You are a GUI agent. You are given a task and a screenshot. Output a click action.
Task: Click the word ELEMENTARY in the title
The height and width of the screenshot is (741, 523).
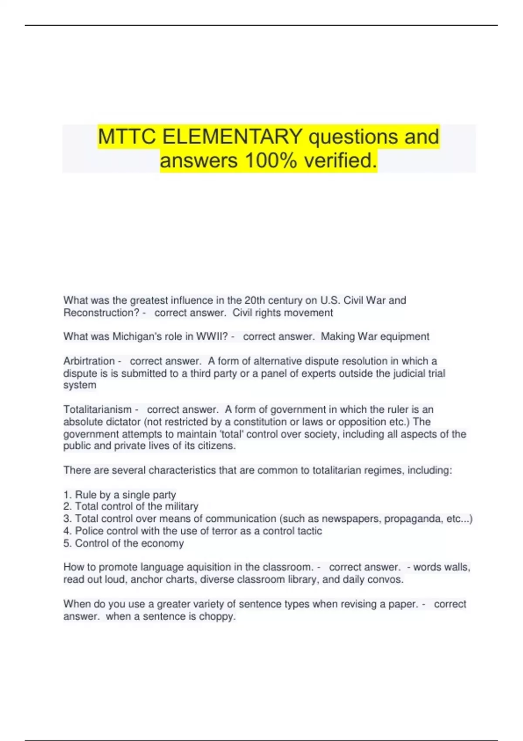click(232, 137)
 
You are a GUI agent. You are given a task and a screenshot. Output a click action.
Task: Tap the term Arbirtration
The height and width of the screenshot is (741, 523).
click(89, 361)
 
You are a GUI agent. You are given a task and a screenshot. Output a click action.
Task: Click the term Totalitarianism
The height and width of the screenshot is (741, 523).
click(97, 410)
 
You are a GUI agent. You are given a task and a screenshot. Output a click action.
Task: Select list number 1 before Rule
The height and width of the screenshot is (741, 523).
click(67, 495)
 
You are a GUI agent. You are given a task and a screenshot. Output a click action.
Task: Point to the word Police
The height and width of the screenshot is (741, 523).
click(89, 531)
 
